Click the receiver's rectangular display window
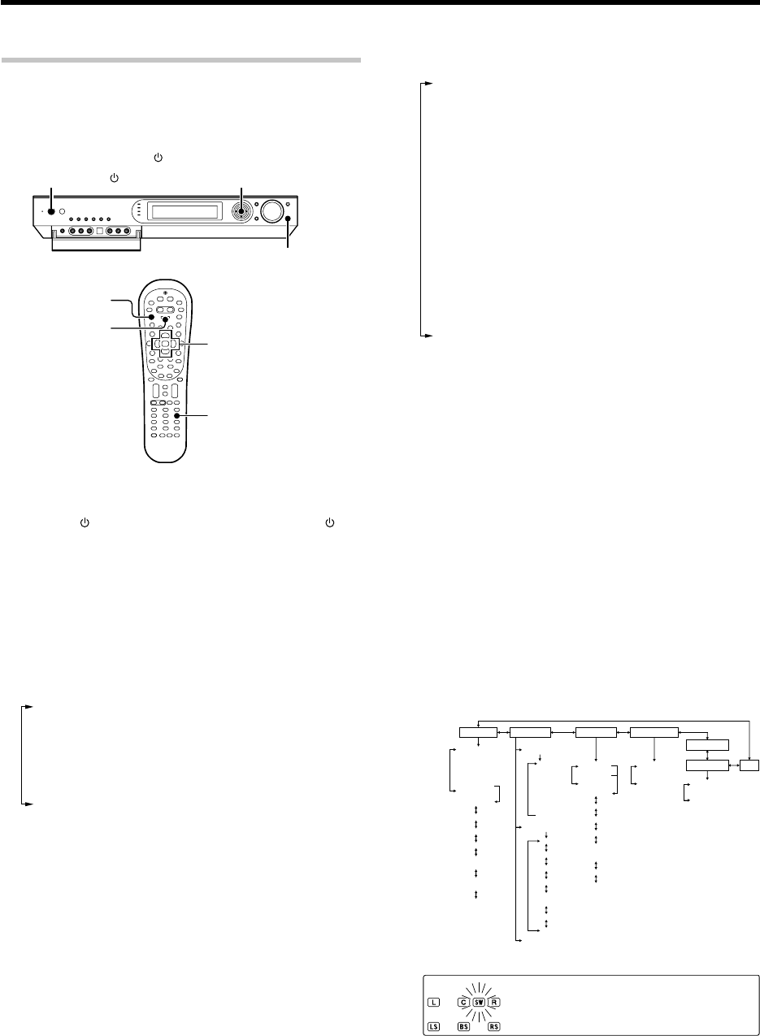(x=185, y=213)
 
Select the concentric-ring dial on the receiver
(x=242, y=211)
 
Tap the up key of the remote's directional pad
(x=167, y=334)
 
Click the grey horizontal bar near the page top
(x=180, y=60)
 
